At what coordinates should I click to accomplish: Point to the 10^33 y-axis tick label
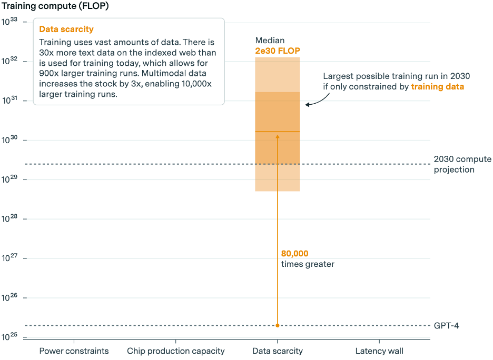tap(10, 22)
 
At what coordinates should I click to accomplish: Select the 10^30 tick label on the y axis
tap(10, 140)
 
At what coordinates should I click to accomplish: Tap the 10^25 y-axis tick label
tap(10, 337)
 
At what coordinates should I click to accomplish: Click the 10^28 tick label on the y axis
tap(10, 219)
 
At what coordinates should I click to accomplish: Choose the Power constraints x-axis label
tap(74, 351)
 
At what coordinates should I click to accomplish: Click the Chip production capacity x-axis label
tap(176, 351)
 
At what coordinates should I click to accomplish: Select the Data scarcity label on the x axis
tap(278, 351)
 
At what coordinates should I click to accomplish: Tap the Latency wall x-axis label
tap(379, 351)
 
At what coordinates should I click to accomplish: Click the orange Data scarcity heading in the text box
tap(66, 29)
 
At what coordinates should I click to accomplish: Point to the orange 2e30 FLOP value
tap(278, 51)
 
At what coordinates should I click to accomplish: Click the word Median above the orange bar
tap(270, 41)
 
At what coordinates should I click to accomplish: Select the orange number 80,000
tap(294, 254)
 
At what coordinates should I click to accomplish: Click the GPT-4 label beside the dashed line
tap(446, 326)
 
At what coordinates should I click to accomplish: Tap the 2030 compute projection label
tap(462, 164)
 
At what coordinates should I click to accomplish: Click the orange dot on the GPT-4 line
tap(278, 326)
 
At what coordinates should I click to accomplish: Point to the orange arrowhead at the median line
tap(278, 136)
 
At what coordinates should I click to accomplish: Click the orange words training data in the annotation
tap(437, 86)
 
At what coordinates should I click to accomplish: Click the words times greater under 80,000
tap(308, 264)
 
